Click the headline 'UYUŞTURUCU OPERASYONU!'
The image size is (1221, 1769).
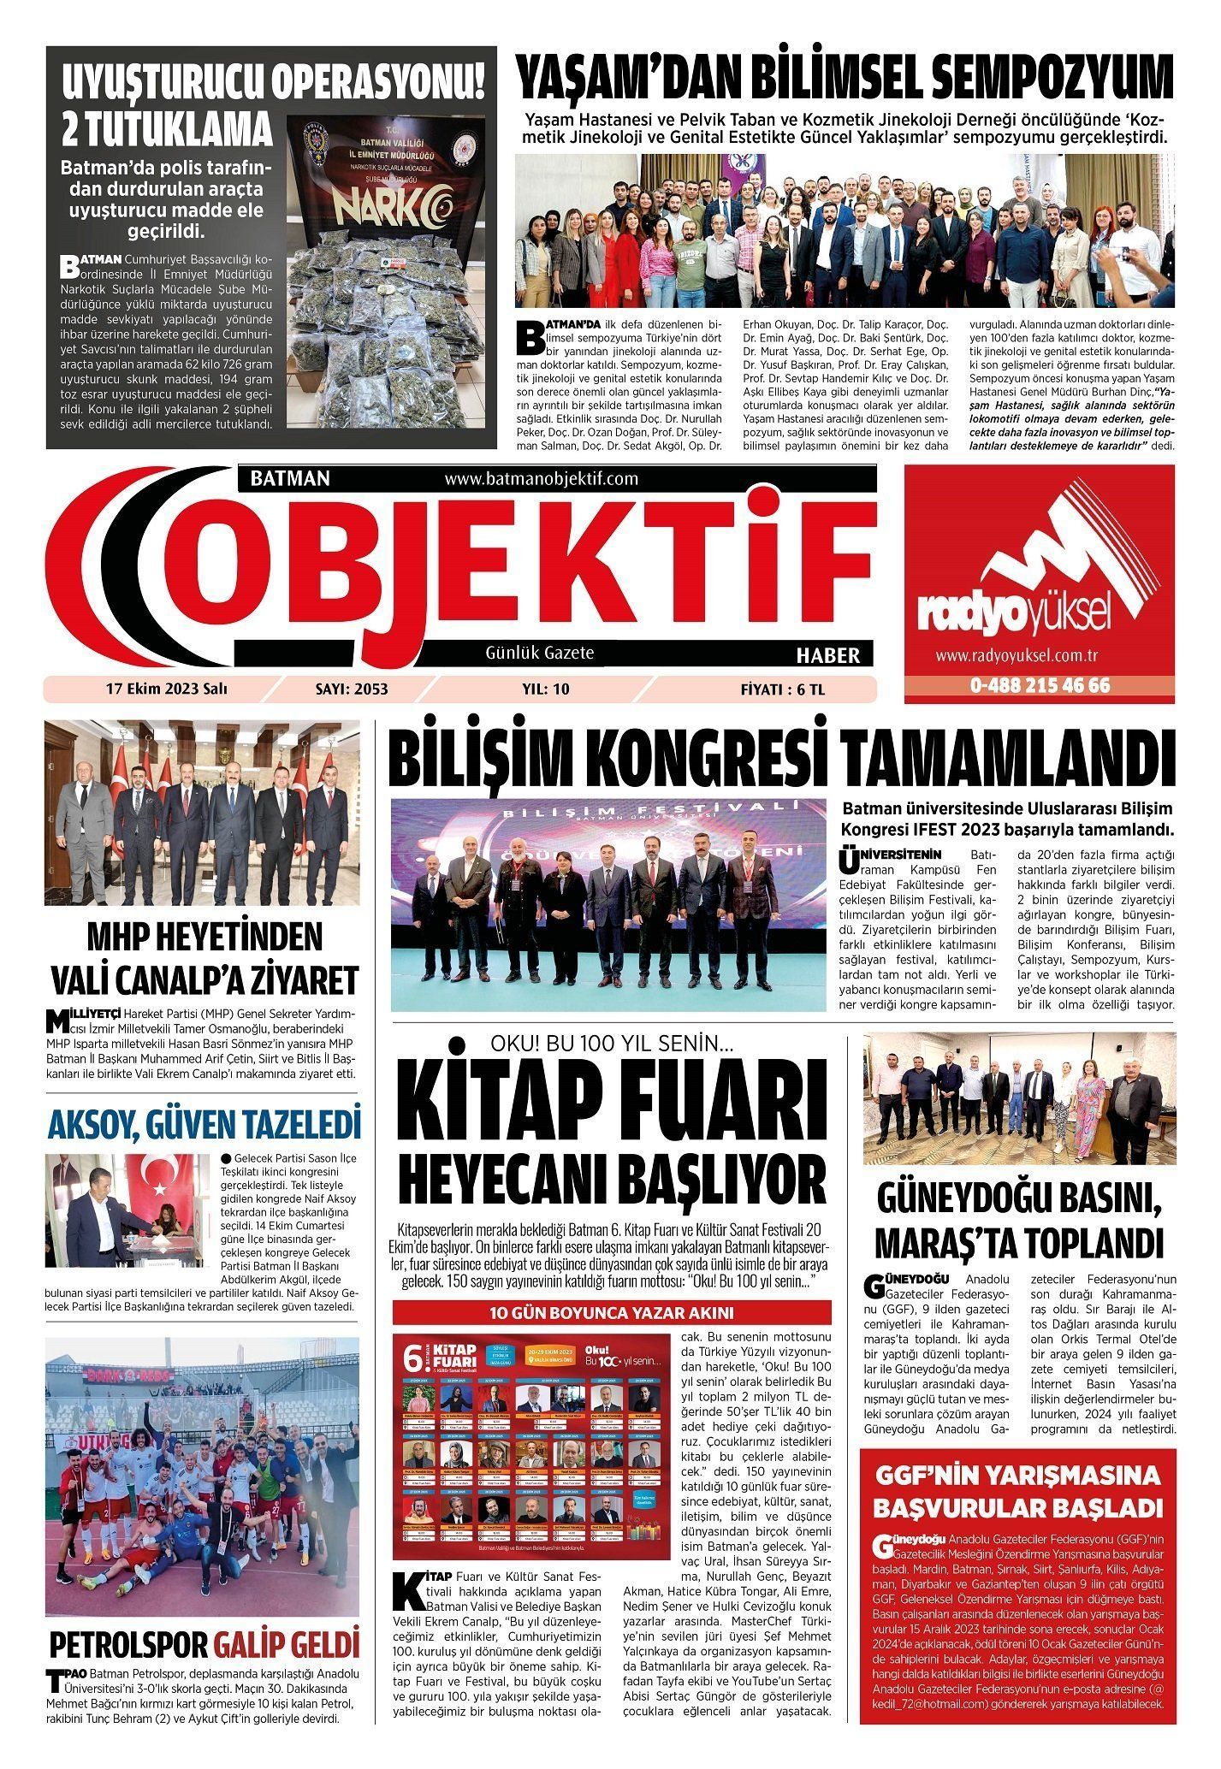tap(273, 84)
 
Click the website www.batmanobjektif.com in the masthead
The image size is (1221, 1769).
tap(541, 478)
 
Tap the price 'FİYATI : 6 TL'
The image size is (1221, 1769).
tap(782, 689)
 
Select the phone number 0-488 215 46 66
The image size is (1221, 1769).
tap(1039, 685)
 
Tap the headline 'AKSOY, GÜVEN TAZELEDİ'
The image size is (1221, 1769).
tap(204, 1125)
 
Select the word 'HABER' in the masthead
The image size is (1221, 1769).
tap(827, 655)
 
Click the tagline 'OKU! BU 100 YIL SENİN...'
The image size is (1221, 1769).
tap(611, 1044)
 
